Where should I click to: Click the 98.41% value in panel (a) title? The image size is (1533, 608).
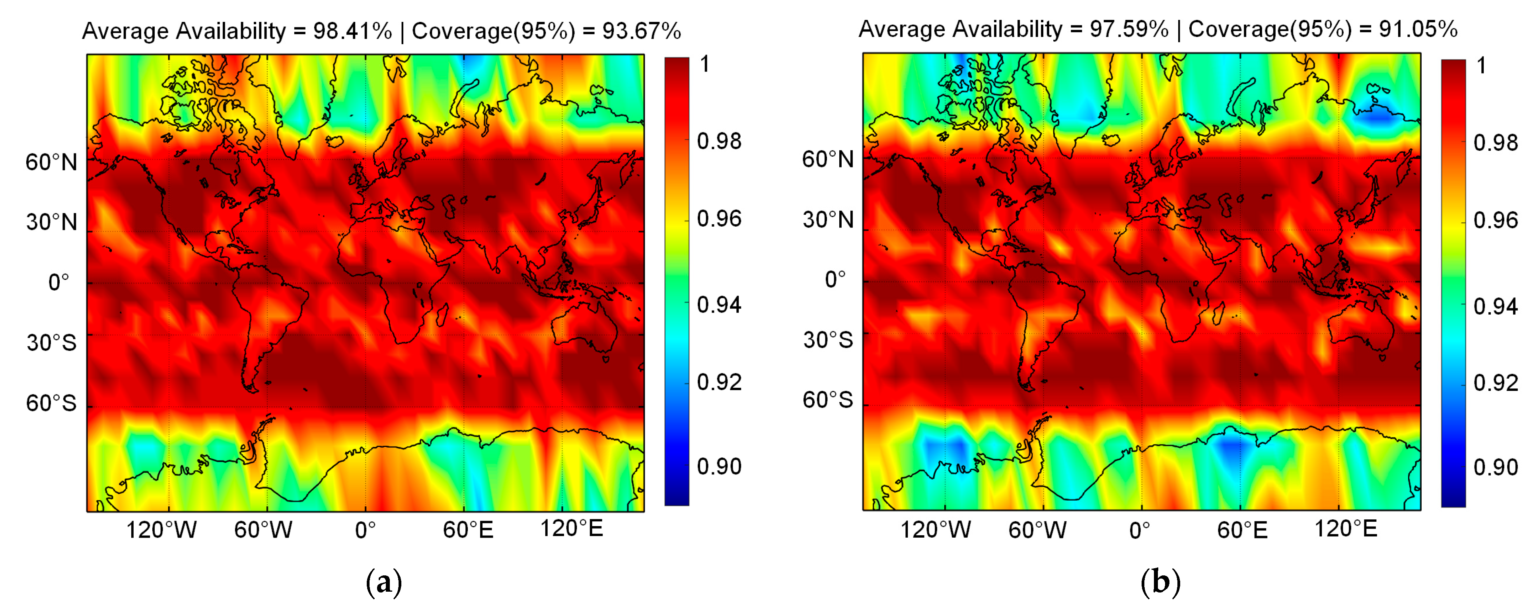[x=352, y=31]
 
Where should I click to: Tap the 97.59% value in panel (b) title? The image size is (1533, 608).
[x=1129, y=29]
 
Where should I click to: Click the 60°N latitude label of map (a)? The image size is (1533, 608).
[x=51, y=162]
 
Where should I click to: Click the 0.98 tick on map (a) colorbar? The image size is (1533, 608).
[x=719, y=142]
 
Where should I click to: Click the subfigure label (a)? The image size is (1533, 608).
[x=384, y=583]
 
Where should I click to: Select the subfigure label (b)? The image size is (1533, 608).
[x=1160, y=583]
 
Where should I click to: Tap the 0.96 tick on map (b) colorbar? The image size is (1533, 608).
[x=1496, y=221]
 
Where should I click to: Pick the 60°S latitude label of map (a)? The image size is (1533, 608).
[x=51, y=403]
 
